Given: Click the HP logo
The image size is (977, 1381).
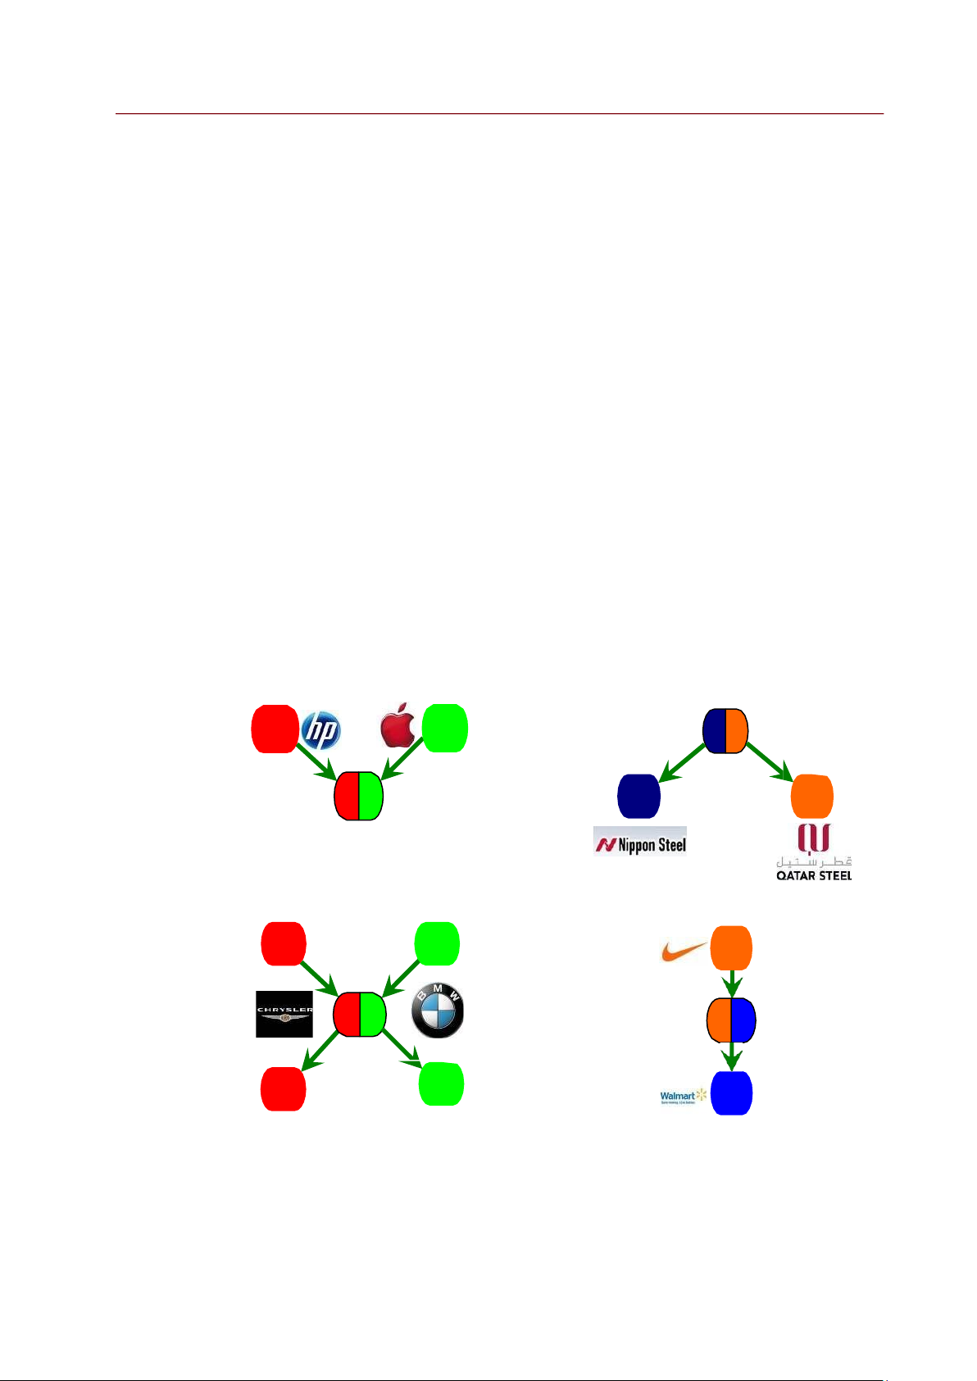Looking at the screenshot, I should [320, 730].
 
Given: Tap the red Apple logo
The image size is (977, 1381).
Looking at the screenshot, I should [398, 725].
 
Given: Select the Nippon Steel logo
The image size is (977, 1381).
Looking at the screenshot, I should [640, 842].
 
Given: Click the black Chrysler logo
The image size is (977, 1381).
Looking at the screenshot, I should [284, 1015].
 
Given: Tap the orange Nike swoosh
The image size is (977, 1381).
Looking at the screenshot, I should [684, 951].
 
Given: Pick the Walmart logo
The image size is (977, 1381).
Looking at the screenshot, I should [683, 1097].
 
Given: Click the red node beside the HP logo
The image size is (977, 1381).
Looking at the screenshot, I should [275, 729].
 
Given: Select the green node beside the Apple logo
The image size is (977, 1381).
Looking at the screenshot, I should [445, 729].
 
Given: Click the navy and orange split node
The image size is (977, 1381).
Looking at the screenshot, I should [725, 731].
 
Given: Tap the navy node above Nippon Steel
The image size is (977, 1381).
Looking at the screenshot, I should [638, 796].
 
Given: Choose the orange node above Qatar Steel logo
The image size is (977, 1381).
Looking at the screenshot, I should [812, 796].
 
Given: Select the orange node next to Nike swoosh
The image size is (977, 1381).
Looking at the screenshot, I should [731, 949].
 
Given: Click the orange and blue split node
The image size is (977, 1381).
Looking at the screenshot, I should [731, 1021].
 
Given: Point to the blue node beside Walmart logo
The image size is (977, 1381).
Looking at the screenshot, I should [731, 1093].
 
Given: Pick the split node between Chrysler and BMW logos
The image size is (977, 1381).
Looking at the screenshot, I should [360, 1015].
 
